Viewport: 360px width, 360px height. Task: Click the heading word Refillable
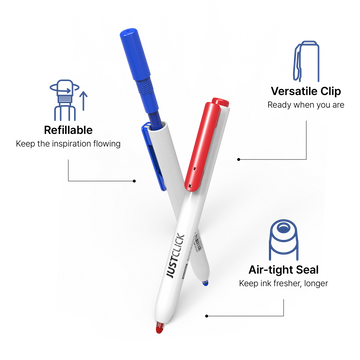68,130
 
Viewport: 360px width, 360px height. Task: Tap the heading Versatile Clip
306,91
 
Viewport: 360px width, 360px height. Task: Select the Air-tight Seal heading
283,270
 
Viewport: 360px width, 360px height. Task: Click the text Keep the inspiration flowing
68,144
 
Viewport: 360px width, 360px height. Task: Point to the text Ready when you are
306,105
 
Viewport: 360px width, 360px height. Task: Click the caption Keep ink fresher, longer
283,283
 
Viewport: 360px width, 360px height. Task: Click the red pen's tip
160,328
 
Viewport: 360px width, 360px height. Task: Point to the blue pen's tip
205,283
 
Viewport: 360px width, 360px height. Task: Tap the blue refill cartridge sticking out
142,77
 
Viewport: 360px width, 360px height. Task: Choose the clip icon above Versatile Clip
306,61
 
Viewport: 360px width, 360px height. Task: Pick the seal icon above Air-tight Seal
283,240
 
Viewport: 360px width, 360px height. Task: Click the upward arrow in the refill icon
84,101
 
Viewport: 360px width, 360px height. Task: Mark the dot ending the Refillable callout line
134,181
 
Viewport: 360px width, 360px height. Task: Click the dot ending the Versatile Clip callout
238,159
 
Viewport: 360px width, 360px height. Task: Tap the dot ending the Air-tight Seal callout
206,316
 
